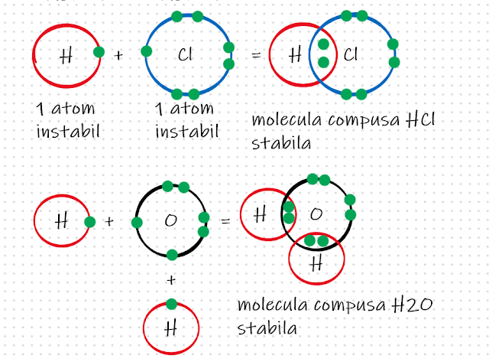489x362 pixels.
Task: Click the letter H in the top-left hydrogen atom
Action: click(x=66, y=54)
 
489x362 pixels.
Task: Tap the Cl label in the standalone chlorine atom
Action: click(x=185, y=54)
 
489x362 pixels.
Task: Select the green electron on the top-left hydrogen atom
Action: click(x=98, y=53)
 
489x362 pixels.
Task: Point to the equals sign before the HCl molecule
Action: click(x=256, y=55)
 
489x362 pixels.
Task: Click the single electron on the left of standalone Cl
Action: click(x=145, y=53)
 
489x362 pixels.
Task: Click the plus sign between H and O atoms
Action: click(x=108, y=222)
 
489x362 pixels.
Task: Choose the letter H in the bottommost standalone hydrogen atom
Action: click(x=170, y=328)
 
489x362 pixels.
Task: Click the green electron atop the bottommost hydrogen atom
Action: click(x=170, y=303)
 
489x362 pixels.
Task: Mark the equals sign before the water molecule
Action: click(x=225, y=222)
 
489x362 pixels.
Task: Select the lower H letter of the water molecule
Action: click(x=316, y=262)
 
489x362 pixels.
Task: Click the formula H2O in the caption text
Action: click(x=415, y=307)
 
